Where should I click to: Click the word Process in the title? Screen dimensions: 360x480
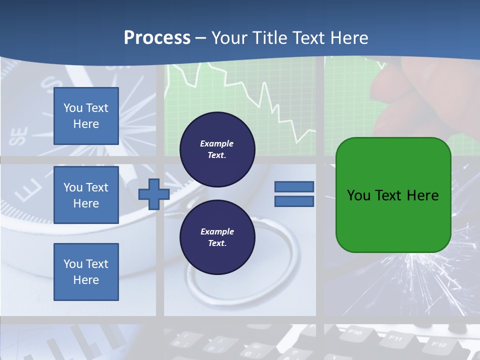[x=157, y=38]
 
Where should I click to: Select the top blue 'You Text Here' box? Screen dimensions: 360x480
[x=86, y=116]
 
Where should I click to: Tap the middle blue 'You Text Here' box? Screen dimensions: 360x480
[x=86, y=195]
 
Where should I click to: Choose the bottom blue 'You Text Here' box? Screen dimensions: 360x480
[x=86, y=272]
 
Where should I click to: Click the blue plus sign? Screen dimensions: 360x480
[x=153, y=194]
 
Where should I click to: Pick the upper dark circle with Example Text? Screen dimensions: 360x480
[x=217, y=149]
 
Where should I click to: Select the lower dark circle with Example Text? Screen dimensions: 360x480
[x=217, y=237]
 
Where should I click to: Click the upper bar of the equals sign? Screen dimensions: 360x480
[x=294, y=186]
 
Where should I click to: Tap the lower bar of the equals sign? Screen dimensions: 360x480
[x=294, y=201]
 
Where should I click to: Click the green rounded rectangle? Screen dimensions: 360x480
[x=393, y=195]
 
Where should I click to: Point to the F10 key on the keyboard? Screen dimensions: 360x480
[x=354, y=332]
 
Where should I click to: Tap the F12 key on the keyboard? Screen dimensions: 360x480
[x=438, y=344]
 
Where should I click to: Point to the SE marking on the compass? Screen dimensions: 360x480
[x=19, y=136]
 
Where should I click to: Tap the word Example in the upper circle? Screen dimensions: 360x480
[x=216, y=143]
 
